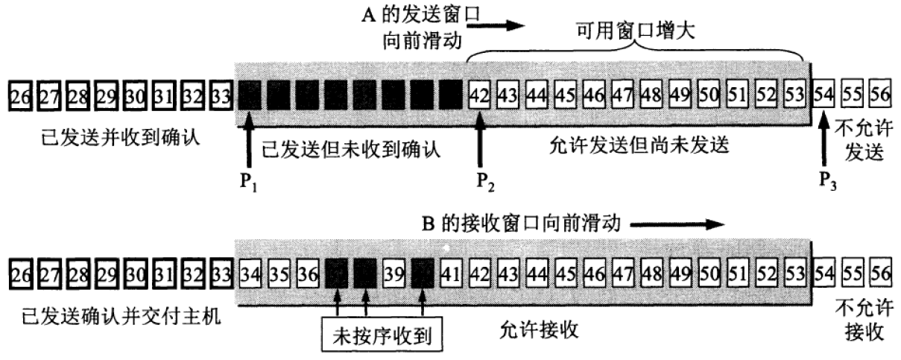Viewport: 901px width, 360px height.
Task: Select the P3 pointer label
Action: [826, 181]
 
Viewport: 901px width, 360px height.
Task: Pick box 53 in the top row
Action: [794, 96]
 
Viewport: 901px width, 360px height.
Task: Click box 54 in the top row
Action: [823, 96]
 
